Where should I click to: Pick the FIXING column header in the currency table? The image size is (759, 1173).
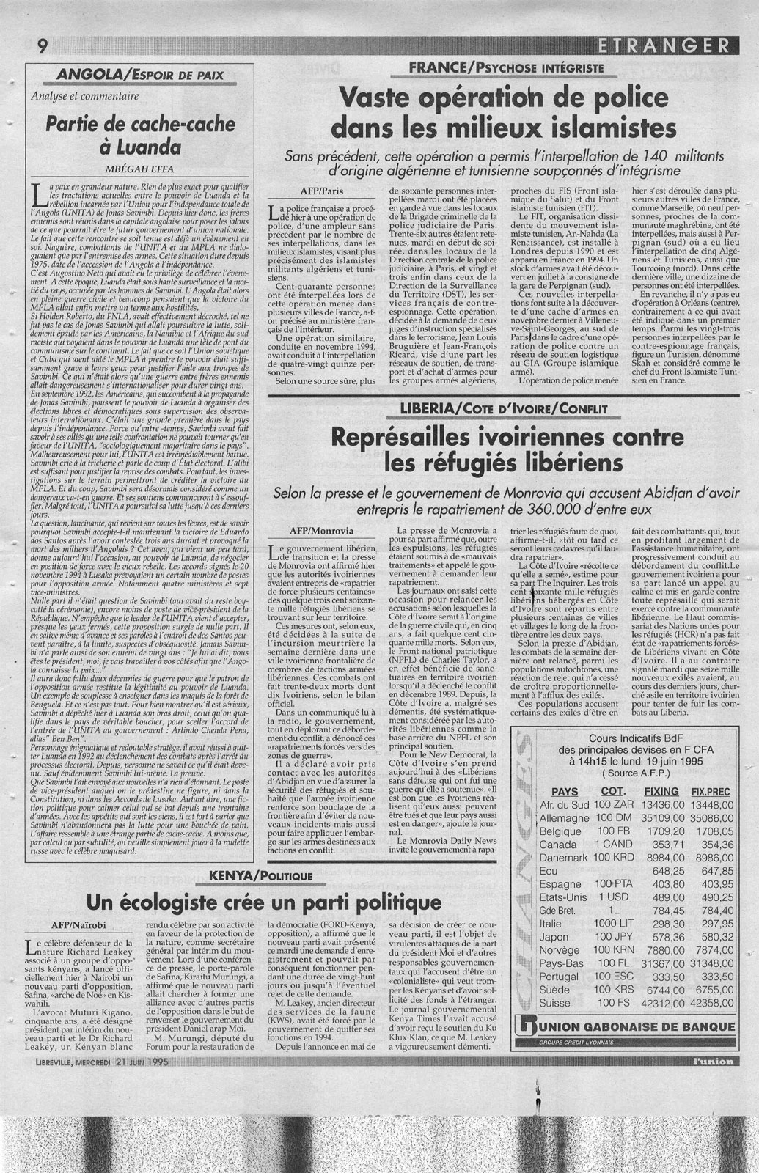661,791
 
